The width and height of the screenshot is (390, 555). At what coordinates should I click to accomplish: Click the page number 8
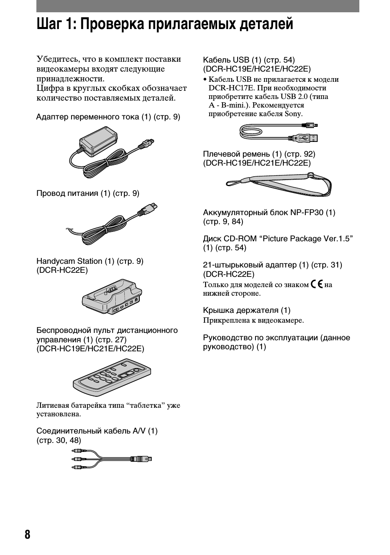27,535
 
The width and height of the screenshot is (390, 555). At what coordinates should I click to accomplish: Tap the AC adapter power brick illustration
98,141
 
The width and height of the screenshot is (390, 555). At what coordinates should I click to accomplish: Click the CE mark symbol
316,284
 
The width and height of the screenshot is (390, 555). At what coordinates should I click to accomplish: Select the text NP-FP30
307,213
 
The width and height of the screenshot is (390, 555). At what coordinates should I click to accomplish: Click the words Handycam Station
69,261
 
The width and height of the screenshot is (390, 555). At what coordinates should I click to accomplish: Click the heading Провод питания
68,193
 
